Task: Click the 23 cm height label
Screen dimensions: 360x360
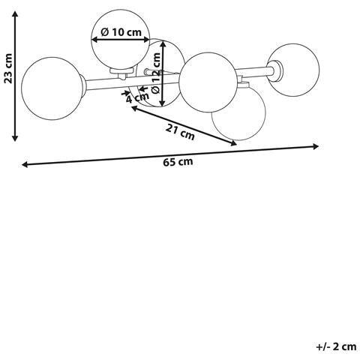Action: (8, 68)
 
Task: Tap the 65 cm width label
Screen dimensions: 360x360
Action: (178, 162)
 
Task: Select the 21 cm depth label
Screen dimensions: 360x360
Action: (180, 132)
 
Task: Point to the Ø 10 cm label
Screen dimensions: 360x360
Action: (121, 32)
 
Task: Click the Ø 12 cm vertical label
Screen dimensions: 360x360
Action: (156, 73)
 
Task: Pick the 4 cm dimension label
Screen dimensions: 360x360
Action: (137, 97)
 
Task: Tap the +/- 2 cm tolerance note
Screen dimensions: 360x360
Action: (336, 346)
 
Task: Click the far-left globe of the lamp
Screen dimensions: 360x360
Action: (52, 88)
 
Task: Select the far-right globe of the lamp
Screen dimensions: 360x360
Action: (294, 70)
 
